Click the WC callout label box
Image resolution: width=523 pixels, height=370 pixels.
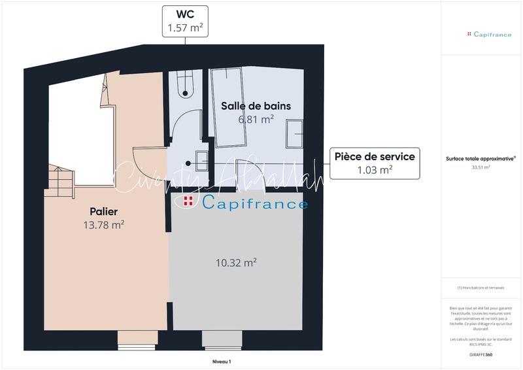[184, 21]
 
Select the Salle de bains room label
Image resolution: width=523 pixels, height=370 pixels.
[256, 106]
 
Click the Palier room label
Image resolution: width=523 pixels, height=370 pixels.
[103, 212]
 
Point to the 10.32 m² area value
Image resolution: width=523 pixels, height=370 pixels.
[236, 263]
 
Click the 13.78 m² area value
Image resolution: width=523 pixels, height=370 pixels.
[103, 225]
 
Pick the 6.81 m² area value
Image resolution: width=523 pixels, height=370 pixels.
[256, 119]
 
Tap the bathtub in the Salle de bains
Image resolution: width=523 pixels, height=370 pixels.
[228, 109]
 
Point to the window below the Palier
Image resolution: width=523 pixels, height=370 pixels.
[133, 339]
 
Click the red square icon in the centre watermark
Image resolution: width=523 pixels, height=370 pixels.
[188, 201]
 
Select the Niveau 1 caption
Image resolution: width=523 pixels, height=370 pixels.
[222, 361]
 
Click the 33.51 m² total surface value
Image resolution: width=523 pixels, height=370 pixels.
[481, 167]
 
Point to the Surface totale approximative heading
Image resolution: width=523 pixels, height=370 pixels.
[481, 158]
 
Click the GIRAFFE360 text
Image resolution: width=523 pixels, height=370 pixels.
[481, 354]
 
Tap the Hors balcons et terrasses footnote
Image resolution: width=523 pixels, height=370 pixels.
[481, 288]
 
